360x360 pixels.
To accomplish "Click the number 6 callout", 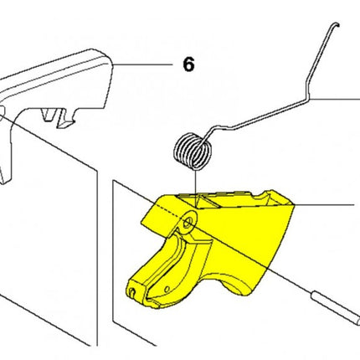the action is [x=188, y=64].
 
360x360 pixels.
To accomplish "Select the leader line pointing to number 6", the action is [x=142, y=64].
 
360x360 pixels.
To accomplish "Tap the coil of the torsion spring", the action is [x=193, y=152].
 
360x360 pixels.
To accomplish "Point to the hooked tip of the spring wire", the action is [x=337, y=24].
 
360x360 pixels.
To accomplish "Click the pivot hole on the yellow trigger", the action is [x=188, y=224].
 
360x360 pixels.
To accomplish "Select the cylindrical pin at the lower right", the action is [x=335, y=307].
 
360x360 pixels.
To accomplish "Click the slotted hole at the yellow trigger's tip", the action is [x=132, y=292].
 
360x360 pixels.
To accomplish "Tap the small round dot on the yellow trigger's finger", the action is [x=167, y=289].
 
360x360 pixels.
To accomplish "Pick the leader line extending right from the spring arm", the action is [x=335, y=99].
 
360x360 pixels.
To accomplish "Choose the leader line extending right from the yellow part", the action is [x=324, y=204].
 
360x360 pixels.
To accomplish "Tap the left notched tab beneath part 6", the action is [x=48, y=115].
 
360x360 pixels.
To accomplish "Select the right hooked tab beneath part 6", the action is [x=66, y=118].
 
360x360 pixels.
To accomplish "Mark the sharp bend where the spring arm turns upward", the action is [x=308, y=98].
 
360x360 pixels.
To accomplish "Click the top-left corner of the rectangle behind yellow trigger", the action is [x=113, y=181].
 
